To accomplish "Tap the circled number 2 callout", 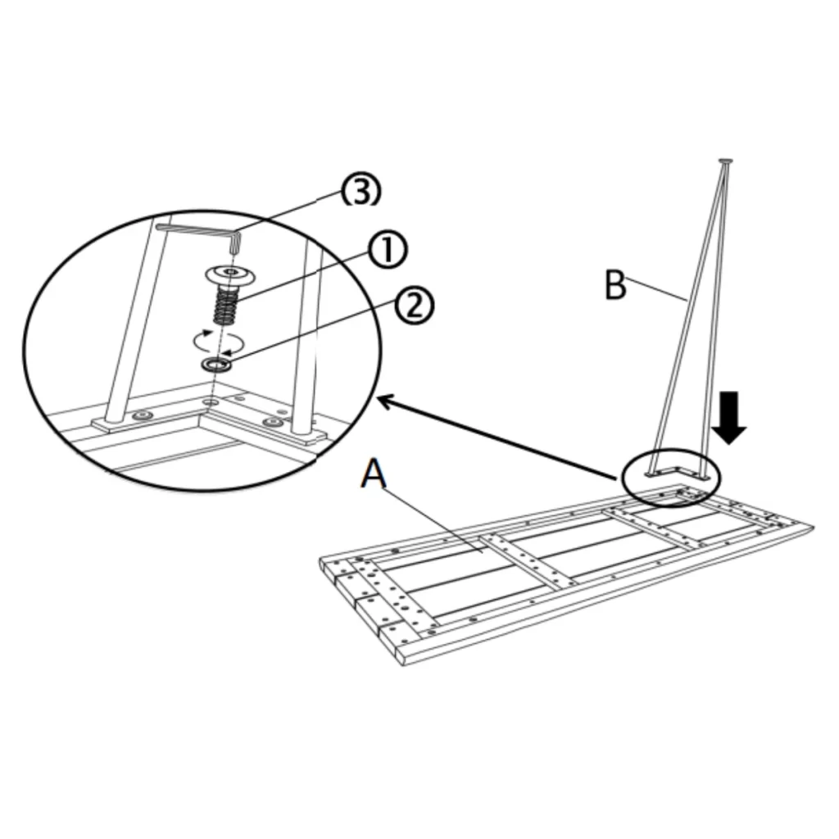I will [x=414, y=306].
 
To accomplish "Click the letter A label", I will [x=373, y=474].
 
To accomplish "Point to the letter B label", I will [x=615, y=286].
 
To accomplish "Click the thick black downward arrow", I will [x=728, y=416].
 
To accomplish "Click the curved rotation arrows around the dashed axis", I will [x=215, y=338].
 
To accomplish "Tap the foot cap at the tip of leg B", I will [x=724, y=161].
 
